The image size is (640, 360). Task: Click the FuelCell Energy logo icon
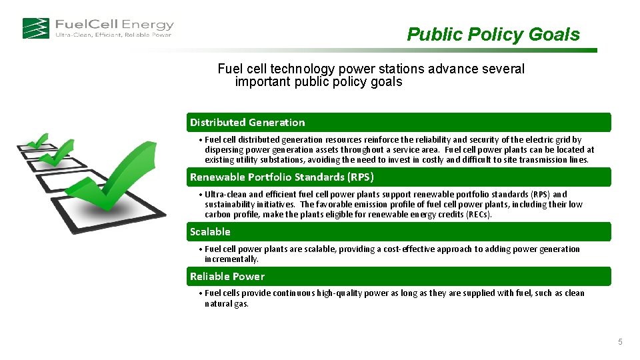tap(35, 28)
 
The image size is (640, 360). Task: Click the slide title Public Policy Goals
tap(493, 35)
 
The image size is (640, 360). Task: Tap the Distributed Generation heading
tap(247, 122)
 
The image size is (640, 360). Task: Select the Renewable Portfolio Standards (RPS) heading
tap(281, 177)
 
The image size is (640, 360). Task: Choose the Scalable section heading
tap(210, 231)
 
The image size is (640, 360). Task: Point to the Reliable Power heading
tap(227, 276)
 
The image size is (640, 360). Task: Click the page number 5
tap(620, 342)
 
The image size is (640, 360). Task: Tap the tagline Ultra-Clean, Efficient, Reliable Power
tap(113, 35)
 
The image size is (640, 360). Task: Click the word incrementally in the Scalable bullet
tap(231, 259)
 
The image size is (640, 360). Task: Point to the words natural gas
tap(226, 303)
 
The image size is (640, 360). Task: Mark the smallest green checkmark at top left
tap(38, 140)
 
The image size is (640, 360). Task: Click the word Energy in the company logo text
tap(148, 25)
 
